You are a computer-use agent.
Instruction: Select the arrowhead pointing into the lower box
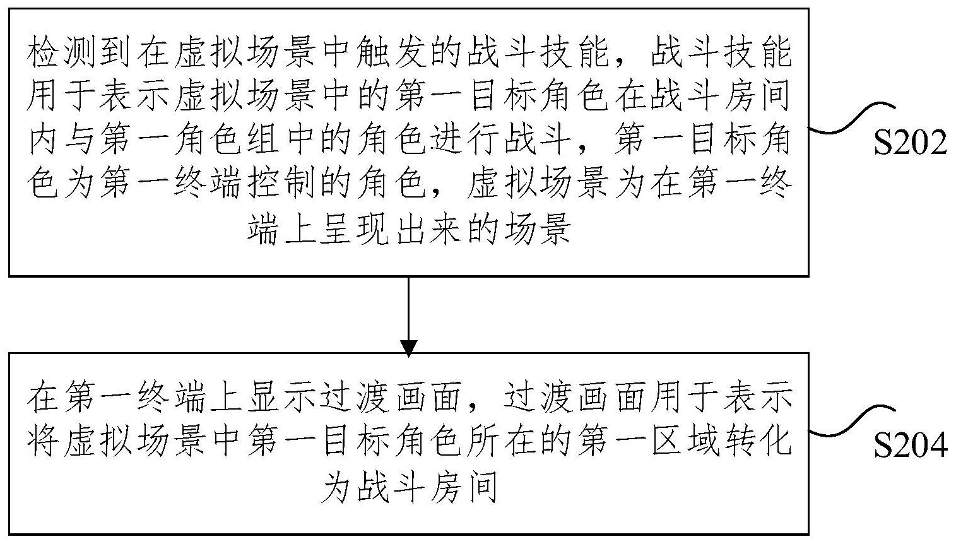(x=408, y=348)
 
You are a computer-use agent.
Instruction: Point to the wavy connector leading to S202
(x=851, y=117)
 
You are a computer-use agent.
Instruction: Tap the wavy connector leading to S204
(x=851, y=420)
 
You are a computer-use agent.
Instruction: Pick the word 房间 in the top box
(x=757, y=98)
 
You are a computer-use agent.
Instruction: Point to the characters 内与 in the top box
(x=62, y=141)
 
